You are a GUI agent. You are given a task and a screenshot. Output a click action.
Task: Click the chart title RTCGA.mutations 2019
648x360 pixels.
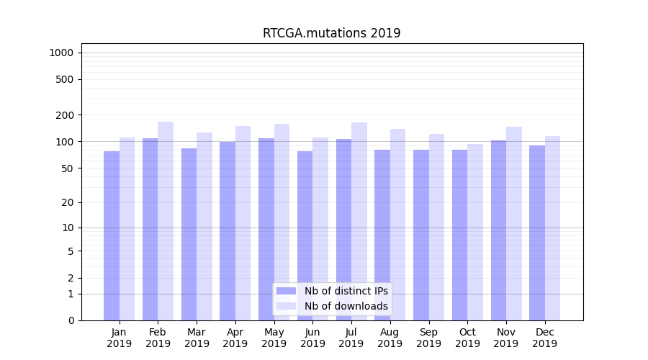click(331, 33)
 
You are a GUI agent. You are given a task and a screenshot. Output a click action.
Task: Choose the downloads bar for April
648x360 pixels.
click(243, 223)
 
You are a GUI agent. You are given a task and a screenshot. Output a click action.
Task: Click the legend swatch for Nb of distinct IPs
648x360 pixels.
click(286, 291)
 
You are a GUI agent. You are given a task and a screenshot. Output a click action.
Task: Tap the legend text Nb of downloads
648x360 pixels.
click(346, 306)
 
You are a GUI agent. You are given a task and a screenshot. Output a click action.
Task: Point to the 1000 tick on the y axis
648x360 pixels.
click(61, 53)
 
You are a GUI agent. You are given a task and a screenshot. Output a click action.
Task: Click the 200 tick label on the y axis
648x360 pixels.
click(65, 115)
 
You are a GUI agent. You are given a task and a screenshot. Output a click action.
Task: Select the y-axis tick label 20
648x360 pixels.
click(68, 202)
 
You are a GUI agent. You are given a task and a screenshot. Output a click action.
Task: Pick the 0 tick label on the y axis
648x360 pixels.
click(71, 320)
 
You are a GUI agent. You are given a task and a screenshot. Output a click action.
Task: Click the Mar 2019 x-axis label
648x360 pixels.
click(197, 338)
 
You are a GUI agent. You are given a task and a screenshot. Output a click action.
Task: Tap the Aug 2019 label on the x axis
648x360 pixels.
click(390, 338)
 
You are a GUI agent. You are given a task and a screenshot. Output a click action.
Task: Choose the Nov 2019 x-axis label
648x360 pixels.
click(506, 338)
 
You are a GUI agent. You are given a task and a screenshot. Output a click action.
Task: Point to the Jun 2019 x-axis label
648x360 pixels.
click(312, 338)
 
